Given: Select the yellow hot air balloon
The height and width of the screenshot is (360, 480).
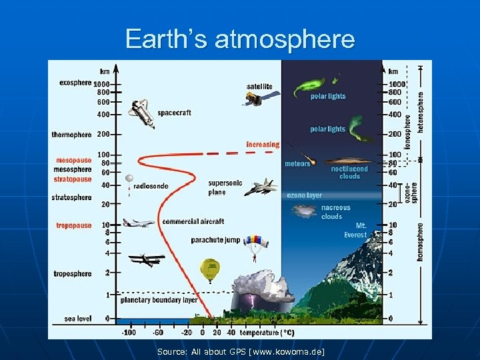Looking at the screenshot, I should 209,269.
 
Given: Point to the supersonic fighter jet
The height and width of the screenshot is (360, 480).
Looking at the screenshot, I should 260,187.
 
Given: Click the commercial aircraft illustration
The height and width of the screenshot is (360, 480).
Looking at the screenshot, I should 139,222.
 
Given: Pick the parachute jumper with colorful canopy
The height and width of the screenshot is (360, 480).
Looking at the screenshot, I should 255,245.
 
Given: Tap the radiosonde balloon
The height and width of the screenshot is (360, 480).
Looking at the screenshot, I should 129,183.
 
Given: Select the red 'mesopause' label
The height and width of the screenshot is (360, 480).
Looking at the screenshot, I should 73,161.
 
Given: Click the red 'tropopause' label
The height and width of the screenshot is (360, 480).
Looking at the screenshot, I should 74,226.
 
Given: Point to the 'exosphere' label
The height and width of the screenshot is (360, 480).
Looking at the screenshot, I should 75,83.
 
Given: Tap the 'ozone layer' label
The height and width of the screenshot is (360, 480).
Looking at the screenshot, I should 304,195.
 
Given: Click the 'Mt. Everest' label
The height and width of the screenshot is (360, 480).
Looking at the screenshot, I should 356,230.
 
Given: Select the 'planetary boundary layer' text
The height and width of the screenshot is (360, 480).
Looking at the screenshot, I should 159,300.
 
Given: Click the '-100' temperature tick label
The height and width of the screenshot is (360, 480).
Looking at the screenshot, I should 128,332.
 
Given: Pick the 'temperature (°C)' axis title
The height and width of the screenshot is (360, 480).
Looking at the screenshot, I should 268,332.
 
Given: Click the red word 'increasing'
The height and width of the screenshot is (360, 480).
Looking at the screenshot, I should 263,144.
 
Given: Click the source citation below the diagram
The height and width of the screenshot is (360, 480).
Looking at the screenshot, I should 241,351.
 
